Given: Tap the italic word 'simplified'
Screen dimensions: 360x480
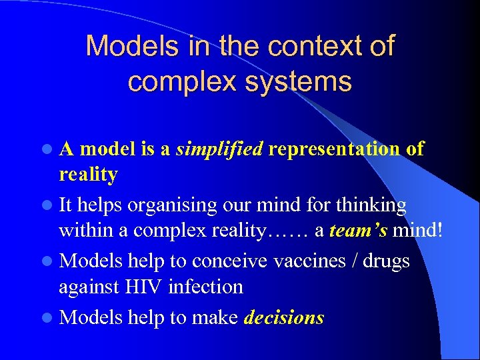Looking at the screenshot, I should coord(220,149).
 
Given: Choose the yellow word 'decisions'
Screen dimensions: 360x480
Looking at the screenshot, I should coord(284,318).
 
